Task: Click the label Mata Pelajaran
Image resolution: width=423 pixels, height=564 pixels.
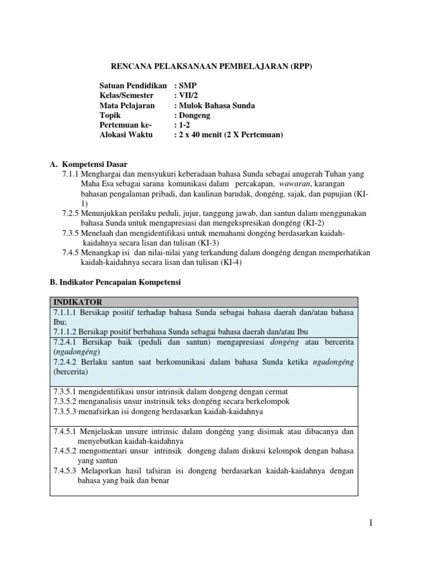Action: pos(127,105)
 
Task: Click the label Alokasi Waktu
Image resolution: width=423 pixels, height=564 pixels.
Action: pos(127,134)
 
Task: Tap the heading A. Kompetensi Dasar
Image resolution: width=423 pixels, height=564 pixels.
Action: pos(89,164)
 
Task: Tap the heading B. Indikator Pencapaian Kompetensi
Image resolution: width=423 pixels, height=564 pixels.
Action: pos(115,282)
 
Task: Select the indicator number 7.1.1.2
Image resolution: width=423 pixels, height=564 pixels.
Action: pos(66,331)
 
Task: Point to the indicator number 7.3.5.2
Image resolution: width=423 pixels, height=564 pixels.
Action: pos(66,401)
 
